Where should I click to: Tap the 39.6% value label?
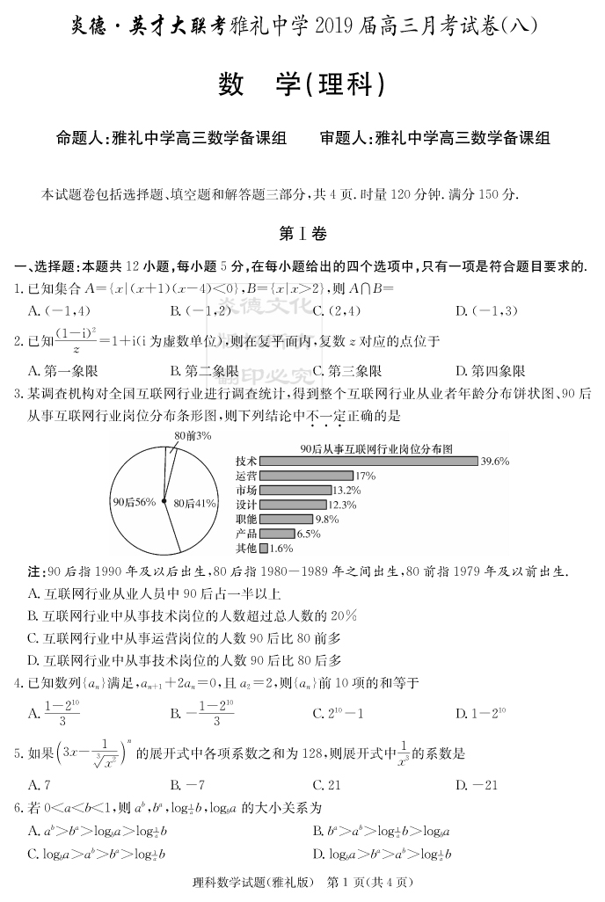[495, 461]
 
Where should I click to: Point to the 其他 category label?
[246, 548]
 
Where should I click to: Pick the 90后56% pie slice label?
[134, 502]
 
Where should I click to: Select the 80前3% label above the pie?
[192, 435]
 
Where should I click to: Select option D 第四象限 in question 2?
[490, 371]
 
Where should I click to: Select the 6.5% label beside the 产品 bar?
[309, 534]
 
